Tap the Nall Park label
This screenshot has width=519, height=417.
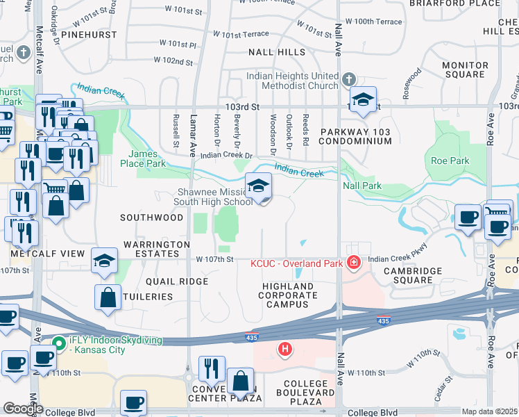(362, 186)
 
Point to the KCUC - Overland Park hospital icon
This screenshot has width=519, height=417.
(354, 263)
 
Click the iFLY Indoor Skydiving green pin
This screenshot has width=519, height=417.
(56, 341)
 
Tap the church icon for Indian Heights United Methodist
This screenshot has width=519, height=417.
(348, 80)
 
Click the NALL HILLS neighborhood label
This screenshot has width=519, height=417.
(277, 52)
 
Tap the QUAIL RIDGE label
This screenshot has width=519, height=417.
(177, 281)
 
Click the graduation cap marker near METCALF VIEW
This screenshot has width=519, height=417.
(104, 261)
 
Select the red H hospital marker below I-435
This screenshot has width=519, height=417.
(284, 349)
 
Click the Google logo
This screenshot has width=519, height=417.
(23, 409)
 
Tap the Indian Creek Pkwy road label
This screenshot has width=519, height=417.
(397, 259)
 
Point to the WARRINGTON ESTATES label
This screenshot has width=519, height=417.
(157, 250)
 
